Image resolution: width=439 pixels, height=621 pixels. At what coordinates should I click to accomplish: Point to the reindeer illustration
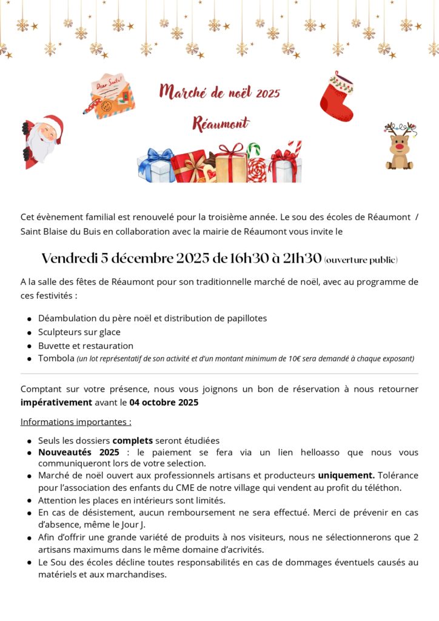[400, 146]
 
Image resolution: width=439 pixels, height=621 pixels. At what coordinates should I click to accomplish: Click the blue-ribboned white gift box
[156, 166]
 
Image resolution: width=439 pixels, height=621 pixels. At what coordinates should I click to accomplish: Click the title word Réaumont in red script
[220, 124]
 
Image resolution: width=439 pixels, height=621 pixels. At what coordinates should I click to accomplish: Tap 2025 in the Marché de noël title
[268, 93]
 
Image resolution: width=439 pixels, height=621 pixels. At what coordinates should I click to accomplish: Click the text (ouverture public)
[361, 260]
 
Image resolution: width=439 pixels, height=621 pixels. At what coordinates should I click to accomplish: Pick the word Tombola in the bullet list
[56, 358]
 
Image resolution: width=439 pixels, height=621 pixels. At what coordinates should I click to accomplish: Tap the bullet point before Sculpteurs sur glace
[29, 333]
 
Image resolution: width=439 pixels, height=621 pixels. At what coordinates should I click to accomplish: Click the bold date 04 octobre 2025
[164, 402]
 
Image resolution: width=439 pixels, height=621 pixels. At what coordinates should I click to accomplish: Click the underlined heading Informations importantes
[76, 421]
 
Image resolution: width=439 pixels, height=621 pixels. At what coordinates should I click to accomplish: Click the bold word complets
[133, 441]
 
